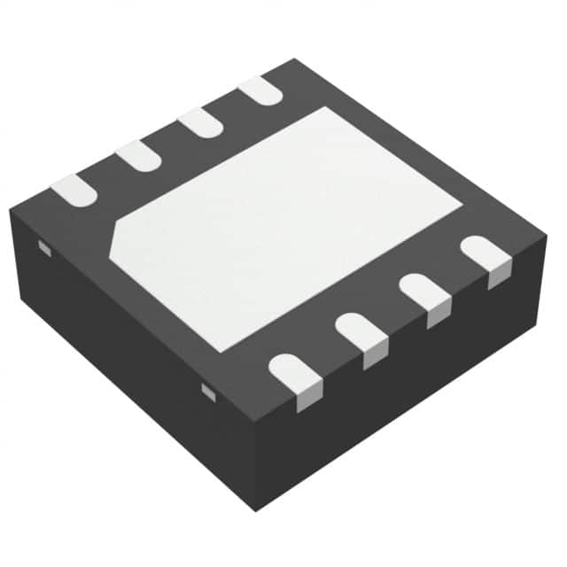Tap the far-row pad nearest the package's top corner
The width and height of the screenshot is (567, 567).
coord(260,90)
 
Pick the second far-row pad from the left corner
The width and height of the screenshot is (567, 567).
coord(138,156)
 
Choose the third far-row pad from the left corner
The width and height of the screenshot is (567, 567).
coord(199,122)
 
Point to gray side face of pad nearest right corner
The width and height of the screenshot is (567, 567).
coord(500,276)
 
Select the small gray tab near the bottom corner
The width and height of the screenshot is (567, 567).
coord(208,391)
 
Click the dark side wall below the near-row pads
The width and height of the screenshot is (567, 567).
coord(408,390)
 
